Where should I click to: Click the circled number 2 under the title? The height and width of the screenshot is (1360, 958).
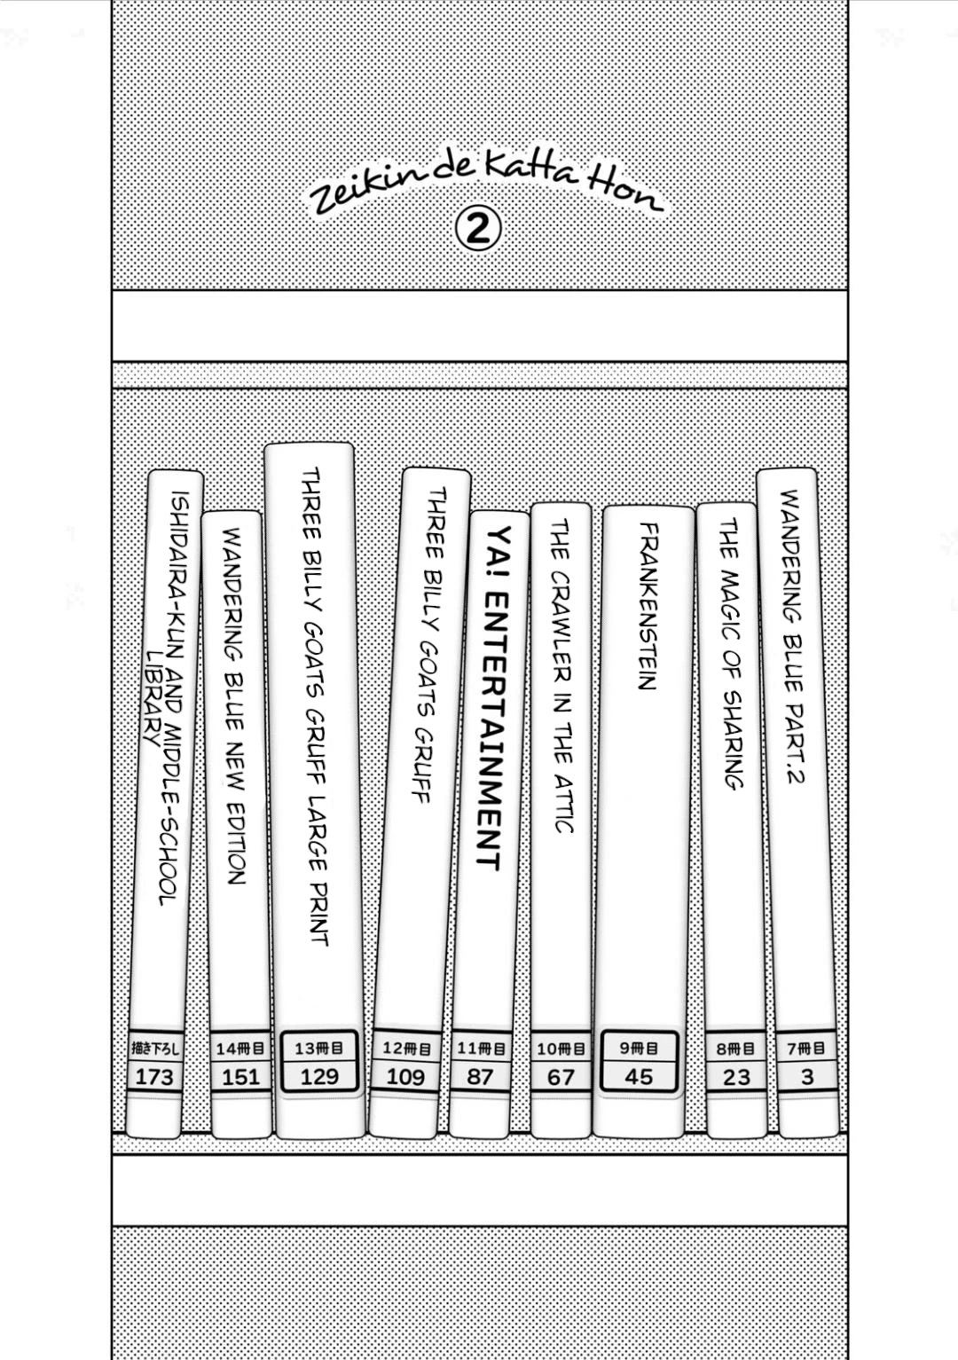478,230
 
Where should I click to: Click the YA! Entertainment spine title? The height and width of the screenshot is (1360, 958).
493,697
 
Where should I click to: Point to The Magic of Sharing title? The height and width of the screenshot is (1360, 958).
730,653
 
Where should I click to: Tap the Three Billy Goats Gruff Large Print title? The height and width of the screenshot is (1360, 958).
315,706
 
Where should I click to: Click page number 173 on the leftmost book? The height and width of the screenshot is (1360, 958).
154,1078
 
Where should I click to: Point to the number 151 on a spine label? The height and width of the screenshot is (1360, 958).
240,1078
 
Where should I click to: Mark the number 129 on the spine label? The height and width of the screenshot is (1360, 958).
319,1077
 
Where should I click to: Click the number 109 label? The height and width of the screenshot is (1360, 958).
405,1078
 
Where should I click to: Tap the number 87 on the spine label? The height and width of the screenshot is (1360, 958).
480,1077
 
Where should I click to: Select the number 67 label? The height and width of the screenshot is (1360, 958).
561,1078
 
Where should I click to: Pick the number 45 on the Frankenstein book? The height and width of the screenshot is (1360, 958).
639,1077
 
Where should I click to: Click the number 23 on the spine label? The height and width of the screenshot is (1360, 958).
736,1078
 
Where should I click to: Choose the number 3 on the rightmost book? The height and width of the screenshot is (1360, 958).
807,1077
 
